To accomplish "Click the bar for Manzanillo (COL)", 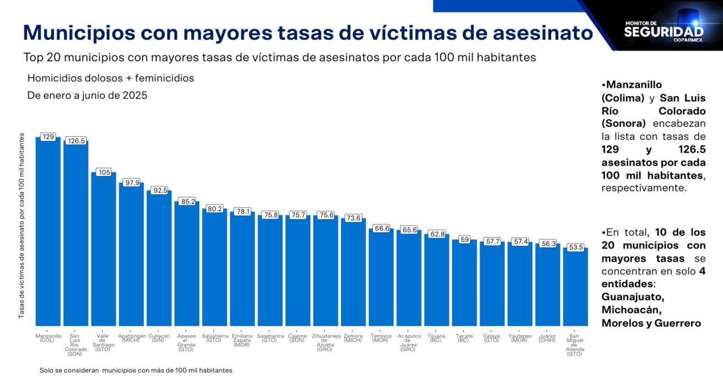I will (48, 232).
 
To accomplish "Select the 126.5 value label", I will (76, 141).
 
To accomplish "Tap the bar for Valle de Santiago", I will (104, 249).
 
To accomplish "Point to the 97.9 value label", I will (132, 182).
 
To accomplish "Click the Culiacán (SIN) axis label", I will (159, 338).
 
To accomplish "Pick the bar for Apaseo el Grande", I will (187, 263).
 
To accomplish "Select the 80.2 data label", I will (215, 209).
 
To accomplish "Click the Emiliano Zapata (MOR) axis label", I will (242, 340).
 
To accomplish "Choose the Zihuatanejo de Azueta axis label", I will (325, 343).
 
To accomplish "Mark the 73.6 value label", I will (353, 218).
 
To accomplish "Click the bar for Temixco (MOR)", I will (381, 277).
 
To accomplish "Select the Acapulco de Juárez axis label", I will (409, 343).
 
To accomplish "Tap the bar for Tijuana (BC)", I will (437, 280).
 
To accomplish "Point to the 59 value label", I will (464, 239).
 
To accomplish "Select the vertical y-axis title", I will (21, 225).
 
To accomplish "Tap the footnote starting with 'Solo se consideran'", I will (136, 370).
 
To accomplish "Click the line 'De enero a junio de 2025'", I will (88, 96).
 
